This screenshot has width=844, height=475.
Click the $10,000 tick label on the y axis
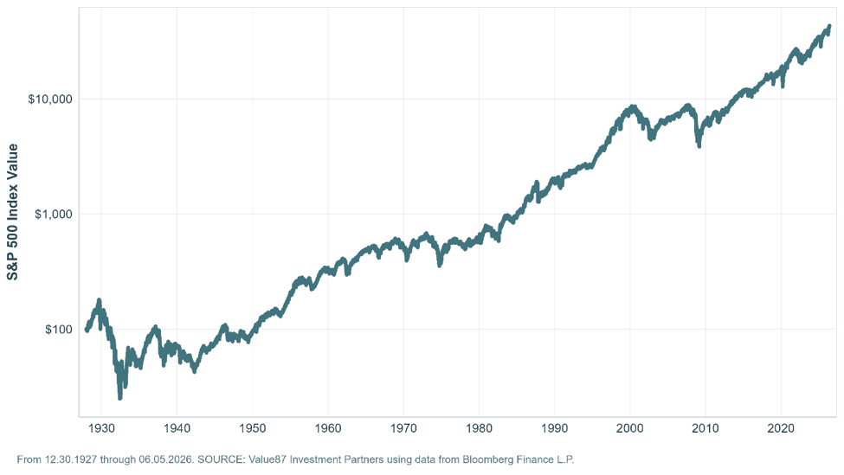click(50, 99)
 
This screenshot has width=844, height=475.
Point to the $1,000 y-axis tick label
click(54, 214)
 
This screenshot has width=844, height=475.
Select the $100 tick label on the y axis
click(59, 330)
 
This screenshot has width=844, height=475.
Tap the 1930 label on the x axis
click(102, 428)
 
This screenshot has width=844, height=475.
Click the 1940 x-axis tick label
click(177, 428)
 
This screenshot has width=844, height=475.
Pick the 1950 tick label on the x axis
click(253, 428)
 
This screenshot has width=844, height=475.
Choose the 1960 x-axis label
click(328, 428)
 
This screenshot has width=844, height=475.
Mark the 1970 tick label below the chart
click(403, 428)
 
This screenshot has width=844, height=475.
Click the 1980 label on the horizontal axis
click(479, 428)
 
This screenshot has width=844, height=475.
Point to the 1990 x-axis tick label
click(554, 428)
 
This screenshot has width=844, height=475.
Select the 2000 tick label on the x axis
click(630, 428)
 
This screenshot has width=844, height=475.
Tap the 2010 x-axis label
click(705, 428)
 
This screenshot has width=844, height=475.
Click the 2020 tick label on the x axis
click(781, 428)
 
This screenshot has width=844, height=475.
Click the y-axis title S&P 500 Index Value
click(12, 212)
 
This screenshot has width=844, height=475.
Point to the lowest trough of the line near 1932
click(120, 398)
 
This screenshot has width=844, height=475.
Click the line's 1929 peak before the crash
click(99, 300)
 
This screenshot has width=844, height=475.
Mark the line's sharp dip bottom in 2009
click(699, 145)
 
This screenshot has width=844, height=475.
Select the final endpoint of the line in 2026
click(829, 26)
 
